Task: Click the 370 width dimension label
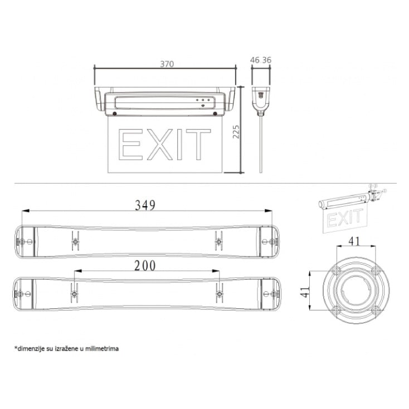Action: [167, 64]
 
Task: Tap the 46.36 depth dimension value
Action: [261, 60]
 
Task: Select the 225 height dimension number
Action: [236, 132]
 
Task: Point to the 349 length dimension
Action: [145, 205]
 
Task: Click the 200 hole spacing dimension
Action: [145, 266]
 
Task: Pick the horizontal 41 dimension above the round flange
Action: [354, 241]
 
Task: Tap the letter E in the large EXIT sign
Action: [131, 144]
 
